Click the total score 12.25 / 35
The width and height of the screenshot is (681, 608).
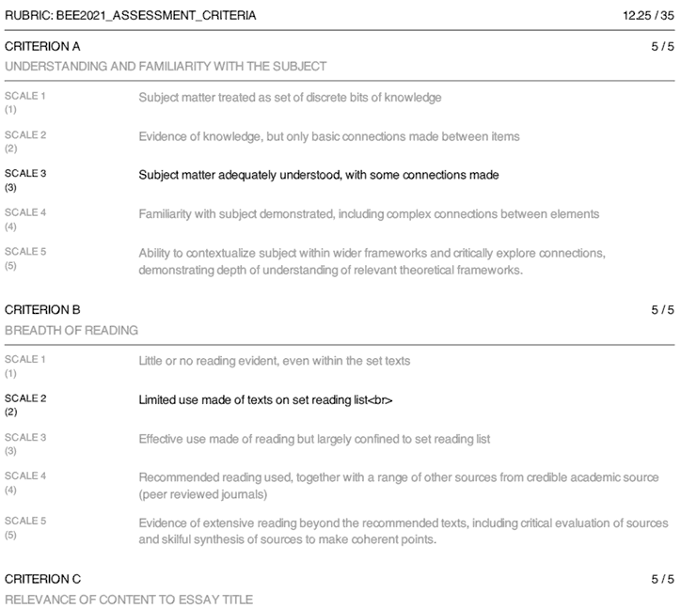[x=648, y=16]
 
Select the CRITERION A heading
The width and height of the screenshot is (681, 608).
[x=42, y=46]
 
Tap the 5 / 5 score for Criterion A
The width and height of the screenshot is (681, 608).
[x=662, y=46]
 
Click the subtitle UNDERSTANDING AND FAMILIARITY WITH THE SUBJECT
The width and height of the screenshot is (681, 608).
[x=166, y=67]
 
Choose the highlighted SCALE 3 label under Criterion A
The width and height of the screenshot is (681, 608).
[x=25, y=174]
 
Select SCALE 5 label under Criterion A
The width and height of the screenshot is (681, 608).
[x=25, y=252]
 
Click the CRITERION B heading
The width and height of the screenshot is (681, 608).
[x=42, y=309]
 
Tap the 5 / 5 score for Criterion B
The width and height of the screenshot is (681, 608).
[x=662, y=309]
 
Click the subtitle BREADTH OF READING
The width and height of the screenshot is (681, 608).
[x=71, y=330]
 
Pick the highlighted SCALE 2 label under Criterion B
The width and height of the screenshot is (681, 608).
[x=25, y=398]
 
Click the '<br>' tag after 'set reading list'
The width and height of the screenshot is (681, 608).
[x=379, y=400]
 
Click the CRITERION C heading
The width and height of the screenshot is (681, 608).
[x=42, y=578]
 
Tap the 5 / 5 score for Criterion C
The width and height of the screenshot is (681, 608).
[x=662, y=578]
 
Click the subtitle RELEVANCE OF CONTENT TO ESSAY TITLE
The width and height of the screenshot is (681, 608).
[x=129, y=599]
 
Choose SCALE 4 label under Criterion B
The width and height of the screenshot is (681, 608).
[x=25, y=476]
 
